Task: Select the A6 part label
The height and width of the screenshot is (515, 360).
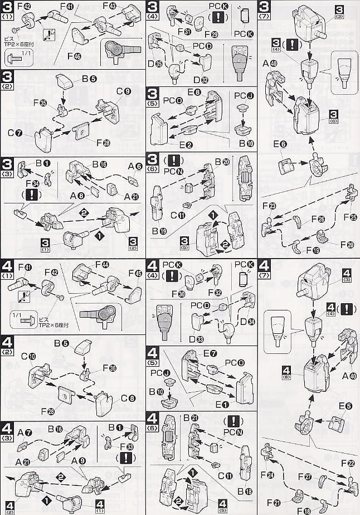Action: pyautogui.click(x=134, y=166)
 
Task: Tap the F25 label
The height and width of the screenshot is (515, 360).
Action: pyautogui.click(x=351, y=216)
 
